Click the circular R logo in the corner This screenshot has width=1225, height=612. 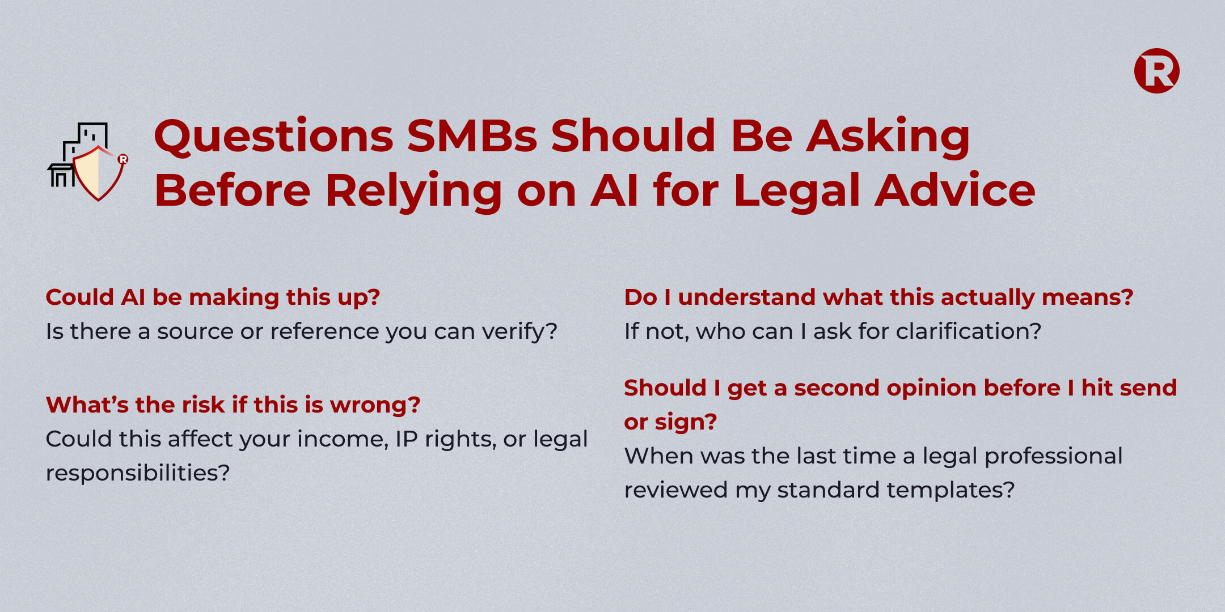pyautogui.click(x=1156, y=71)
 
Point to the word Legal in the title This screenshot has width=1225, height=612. pyautogui.click(x=797, y=191)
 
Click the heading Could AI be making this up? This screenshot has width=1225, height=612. pyautogui.click(x=213, y=297)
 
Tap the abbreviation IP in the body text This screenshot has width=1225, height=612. pyautogui.click(x=406, y=439)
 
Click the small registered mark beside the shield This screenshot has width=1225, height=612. pyautogui.click(x=123, y=159)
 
